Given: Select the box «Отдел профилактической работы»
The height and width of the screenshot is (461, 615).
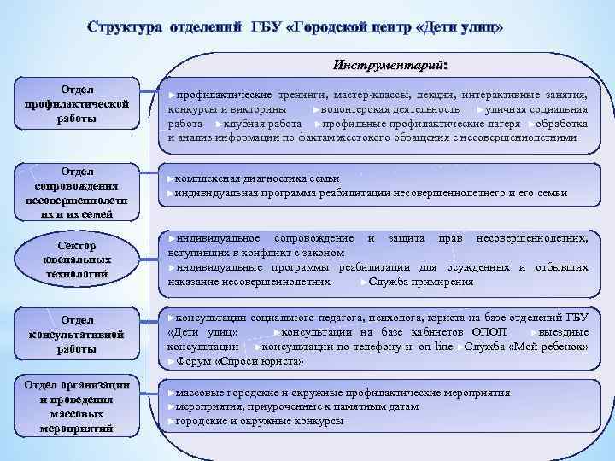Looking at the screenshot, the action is click(78, 104).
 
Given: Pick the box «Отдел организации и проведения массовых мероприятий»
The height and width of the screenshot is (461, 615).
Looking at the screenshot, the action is click(78, 406).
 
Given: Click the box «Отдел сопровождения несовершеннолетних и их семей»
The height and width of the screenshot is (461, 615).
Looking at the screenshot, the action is click(78, 192).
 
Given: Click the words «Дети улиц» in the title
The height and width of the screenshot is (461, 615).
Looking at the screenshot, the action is click(460, 27).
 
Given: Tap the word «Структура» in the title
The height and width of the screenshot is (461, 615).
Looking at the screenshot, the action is click(127, 27).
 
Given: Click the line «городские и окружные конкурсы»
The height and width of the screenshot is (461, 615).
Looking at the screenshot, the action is click(260, 421).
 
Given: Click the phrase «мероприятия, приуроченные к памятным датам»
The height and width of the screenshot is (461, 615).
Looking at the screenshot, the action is click(296, 407).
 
